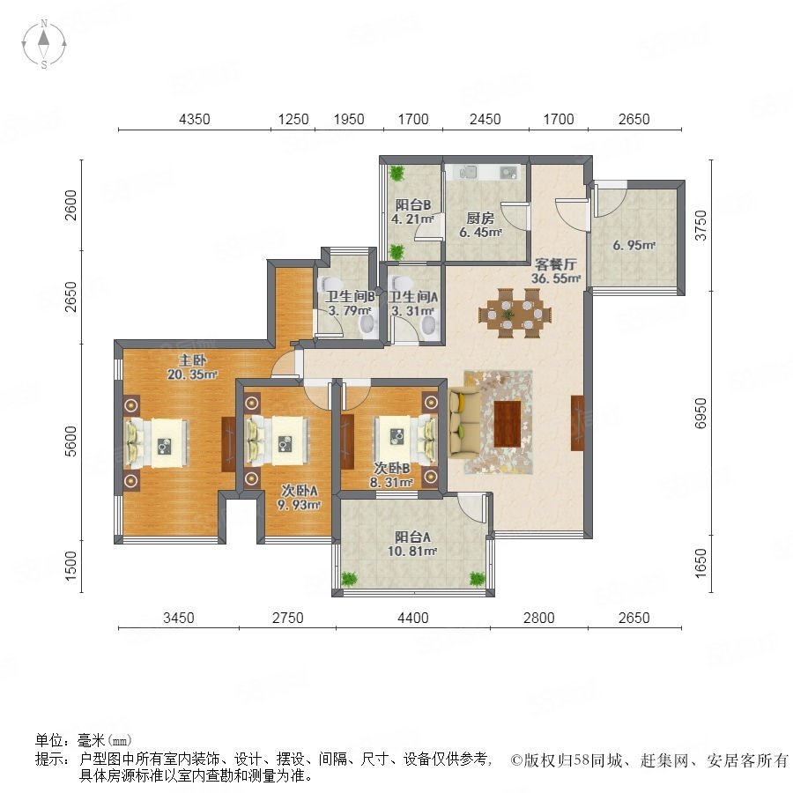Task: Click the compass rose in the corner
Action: tap(44, 43)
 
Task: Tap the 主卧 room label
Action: tap(193, 360)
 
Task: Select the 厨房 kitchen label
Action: tap(480, 218)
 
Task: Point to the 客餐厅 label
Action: tap(556, 264)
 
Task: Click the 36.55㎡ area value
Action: tap(556, 278)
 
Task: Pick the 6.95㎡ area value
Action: tap(634, 245)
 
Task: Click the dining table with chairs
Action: tap(515, 314)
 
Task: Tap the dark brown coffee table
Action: tap(508, 424)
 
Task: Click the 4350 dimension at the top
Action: tap(195, 119)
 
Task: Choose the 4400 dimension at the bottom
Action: tap(413, 618)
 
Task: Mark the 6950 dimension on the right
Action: tap(700, 412)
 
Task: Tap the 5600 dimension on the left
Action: tap(72, 441)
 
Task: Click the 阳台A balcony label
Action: tap(412, 537)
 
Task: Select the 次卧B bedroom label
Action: tap(391, 469)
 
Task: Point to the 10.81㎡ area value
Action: tap(412, 552)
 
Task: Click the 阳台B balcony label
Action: tap(413, 204)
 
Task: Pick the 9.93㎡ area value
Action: tap(299, 505)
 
